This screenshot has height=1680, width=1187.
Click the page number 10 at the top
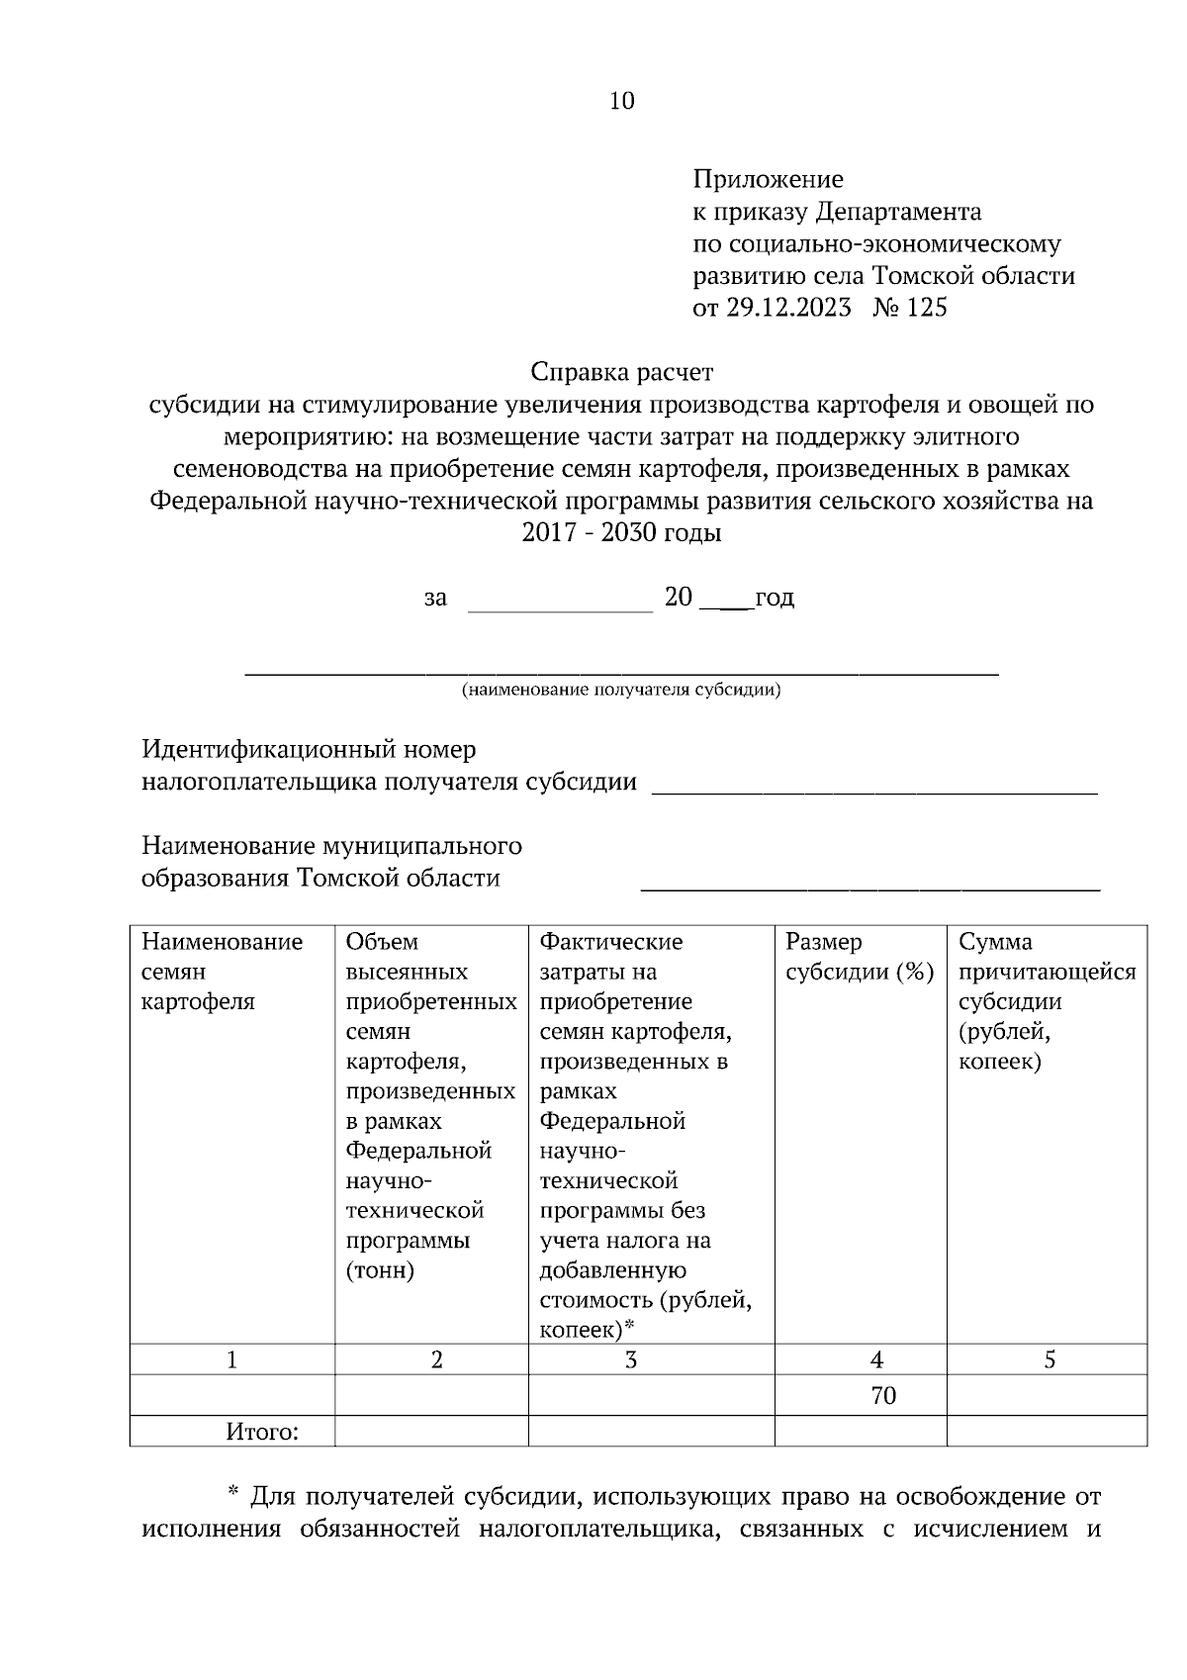622,101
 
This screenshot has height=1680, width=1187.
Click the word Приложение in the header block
768,179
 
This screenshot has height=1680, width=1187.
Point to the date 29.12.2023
788,308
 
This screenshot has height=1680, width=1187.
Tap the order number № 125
910,308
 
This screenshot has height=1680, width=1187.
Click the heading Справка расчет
621,373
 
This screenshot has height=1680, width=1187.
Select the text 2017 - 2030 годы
621,533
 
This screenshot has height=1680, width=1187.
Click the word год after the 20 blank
775,598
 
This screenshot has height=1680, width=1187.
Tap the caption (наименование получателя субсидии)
621,690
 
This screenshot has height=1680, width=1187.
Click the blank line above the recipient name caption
621,673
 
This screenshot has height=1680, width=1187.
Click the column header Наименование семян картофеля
223,971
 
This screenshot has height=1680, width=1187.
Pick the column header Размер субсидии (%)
859,957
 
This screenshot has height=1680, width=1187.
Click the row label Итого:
262,1432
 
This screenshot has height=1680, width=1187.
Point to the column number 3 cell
631,1360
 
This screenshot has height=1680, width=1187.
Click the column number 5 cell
1050,1360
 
